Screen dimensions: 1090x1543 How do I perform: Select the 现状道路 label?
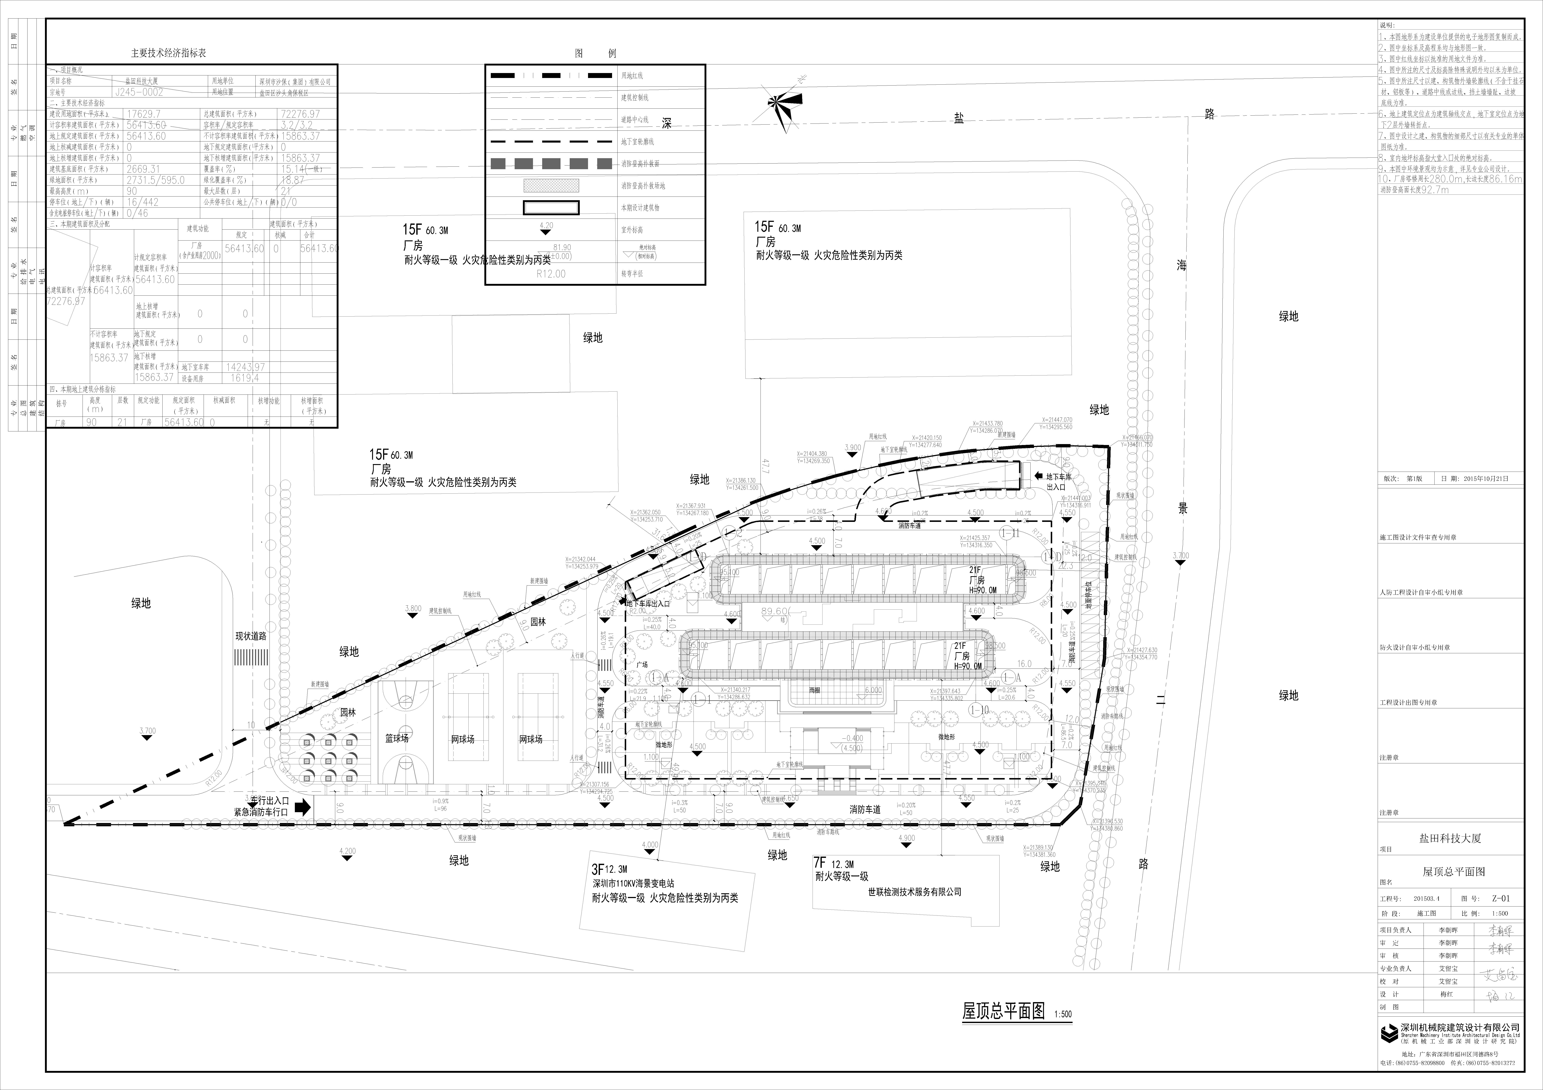coord(251,636)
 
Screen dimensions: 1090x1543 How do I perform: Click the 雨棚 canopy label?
coord(815,690)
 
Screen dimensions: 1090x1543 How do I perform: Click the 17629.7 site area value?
coord(144,114)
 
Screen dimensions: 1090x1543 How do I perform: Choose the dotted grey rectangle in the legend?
coord(551,186)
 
